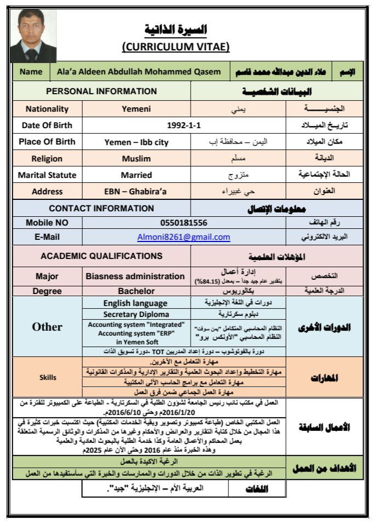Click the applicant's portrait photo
point(32,35)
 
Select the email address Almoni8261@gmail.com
point(183,237)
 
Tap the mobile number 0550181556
point(183,223)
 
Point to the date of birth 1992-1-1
point(183,125)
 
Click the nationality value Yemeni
point(136,108)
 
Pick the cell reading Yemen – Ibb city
point(136,142)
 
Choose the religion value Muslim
point(136,159)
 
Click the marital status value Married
point(136,175)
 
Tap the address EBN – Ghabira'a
point(136,192)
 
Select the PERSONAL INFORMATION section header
point(101,91)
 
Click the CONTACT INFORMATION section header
point(101,208)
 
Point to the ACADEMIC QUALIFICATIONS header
point(101,256)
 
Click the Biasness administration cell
point(136,276)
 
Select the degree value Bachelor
point(136,291)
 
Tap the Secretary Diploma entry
point(136,314)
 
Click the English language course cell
point(136,303)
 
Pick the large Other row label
point(47,327)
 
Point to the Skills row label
point(47,377)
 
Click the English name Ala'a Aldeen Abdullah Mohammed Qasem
point(137,72)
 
